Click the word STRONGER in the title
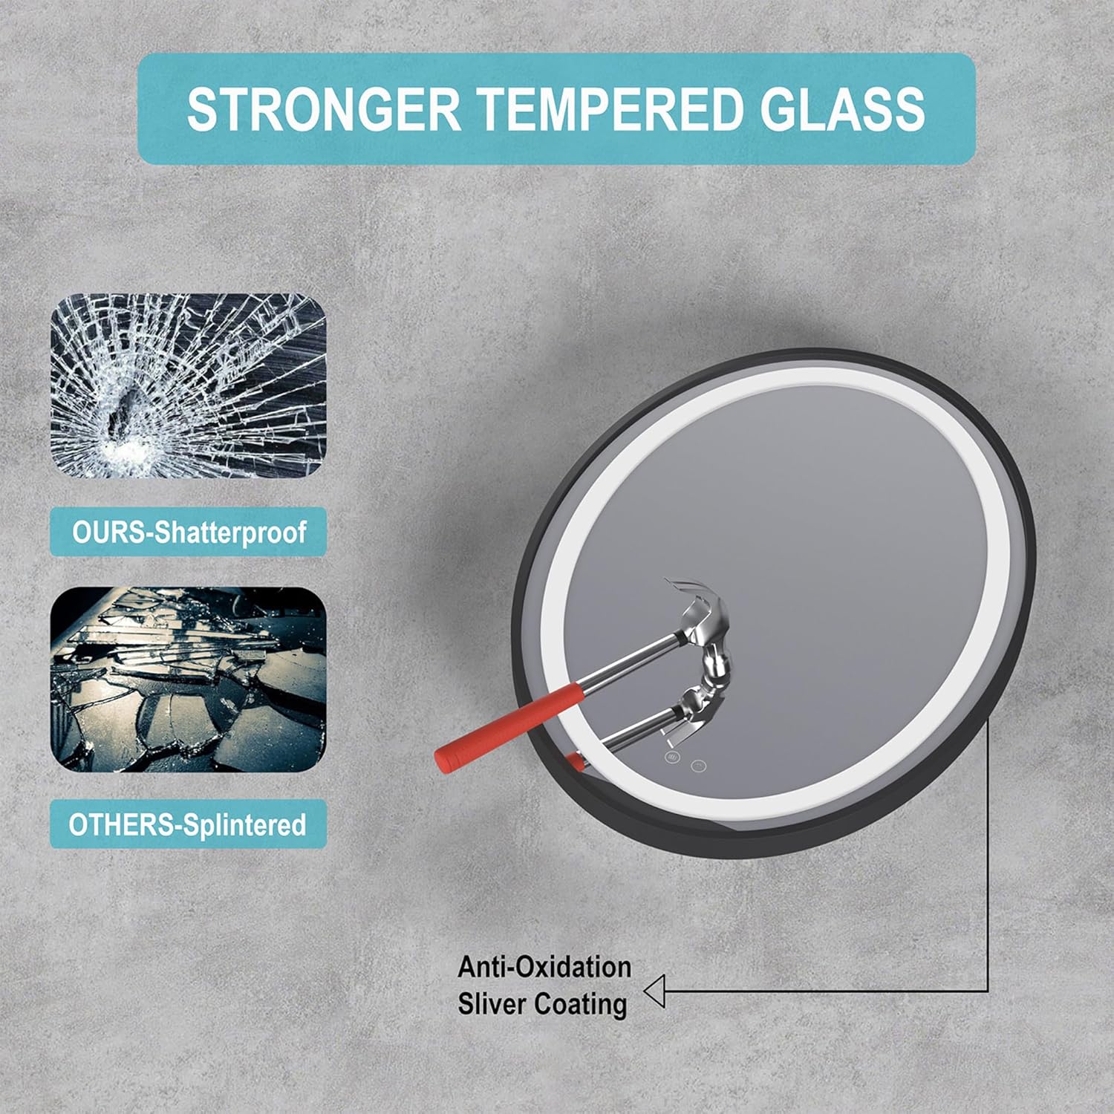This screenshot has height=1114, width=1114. pos(324,108)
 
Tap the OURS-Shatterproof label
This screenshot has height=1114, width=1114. pos(189,532)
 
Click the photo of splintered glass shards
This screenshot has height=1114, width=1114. pos(188,680)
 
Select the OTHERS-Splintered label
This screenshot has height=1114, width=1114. pos(188,824)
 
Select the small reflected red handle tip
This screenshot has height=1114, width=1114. pos(574,759)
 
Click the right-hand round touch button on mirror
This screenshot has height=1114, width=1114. pos(698,765)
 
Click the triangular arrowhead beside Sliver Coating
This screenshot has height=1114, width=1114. pos(654,991)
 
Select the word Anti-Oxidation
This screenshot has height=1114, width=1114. pos(544,967)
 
